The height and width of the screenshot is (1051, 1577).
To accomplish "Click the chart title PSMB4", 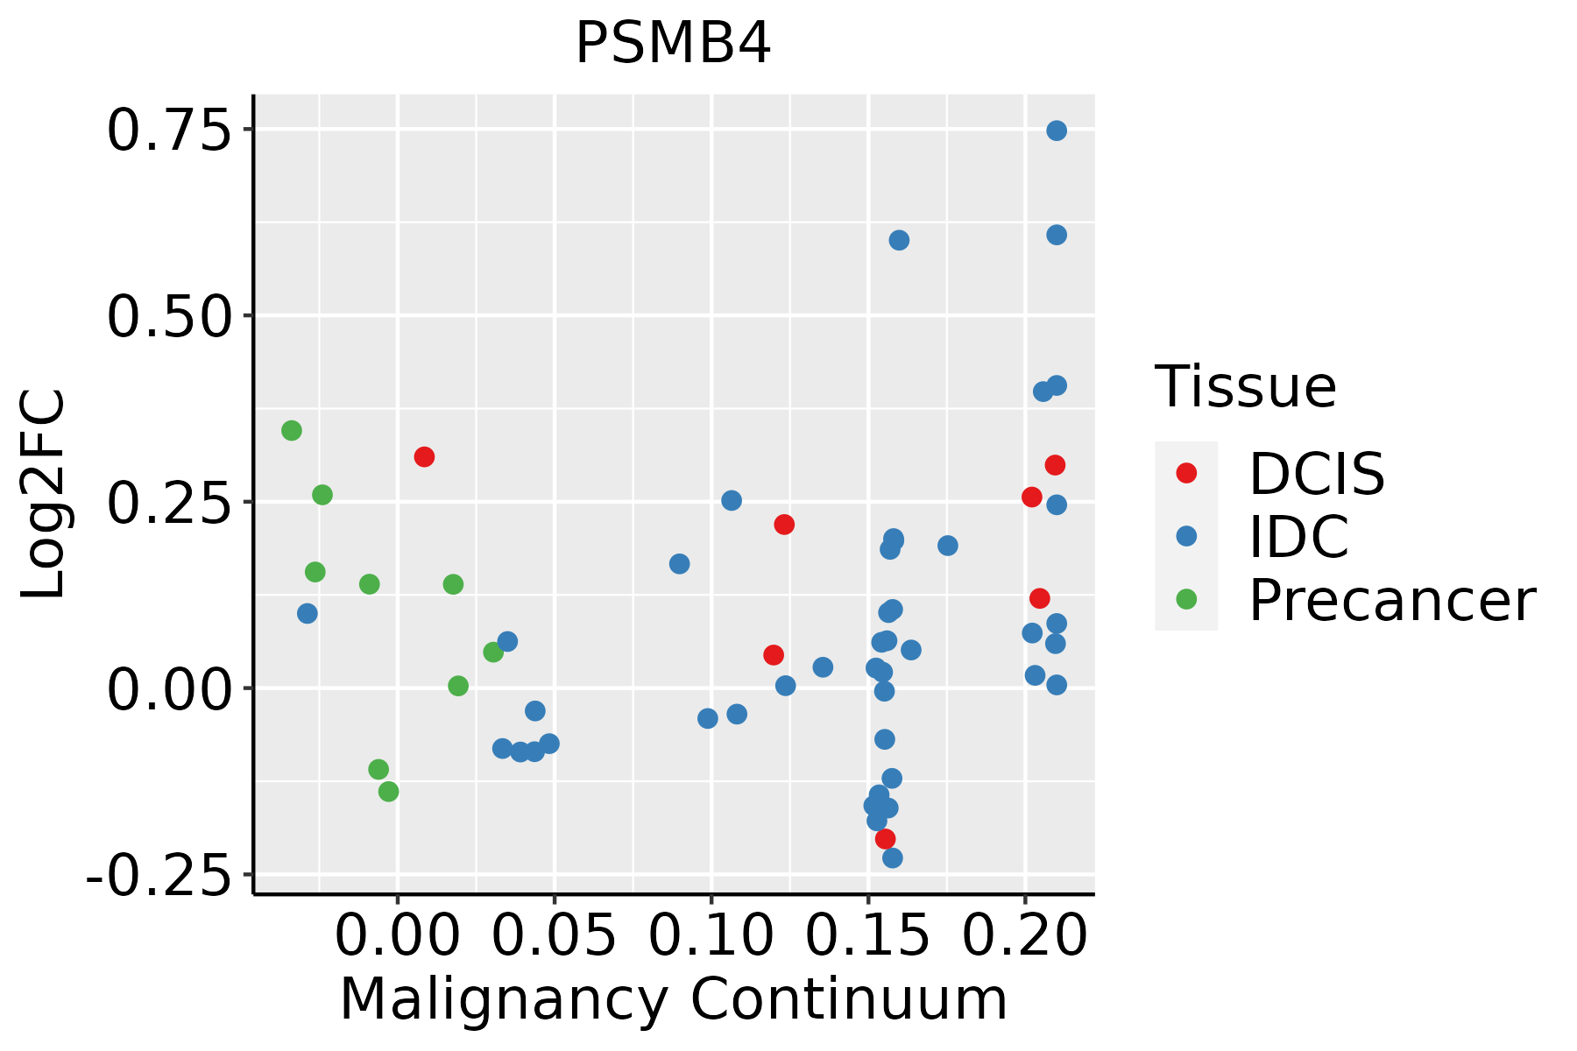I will click(673, 44).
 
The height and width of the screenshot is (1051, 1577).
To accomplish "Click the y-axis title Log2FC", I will click(44, 494).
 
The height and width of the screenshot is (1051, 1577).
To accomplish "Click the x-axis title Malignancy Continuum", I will click(673, 1000).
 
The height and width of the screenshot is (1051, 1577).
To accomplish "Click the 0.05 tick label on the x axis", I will click(554, 937).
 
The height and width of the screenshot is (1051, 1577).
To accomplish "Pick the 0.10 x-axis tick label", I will click(711, 937).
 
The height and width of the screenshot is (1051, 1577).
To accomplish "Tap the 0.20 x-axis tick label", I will click(1024, 937).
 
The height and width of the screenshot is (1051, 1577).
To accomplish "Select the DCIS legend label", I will click(1316, 474).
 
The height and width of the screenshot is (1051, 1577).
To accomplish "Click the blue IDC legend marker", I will click(1186, 536).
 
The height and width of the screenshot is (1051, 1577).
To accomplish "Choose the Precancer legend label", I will click(1391, 601).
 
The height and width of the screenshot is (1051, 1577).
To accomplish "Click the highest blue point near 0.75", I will click(1057, 130).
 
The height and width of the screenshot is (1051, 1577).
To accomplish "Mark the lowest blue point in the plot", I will click(892, 857).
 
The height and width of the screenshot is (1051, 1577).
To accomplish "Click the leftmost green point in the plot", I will click(292, 430).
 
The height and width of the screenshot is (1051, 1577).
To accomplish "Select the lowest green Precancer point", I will click(388, 792).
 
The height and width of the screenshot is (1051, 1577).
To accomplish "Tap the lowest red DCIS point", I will click(885, 839).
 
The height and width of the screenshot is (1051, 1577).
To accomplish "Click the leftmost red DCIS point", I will click(424, 456).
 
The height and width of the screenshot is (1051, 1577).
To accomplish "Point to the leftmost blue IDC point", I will click(307, 613).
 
